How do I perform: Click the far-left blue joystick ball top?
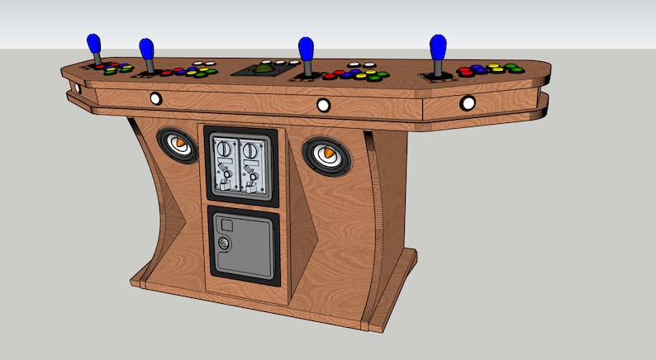click(93, 43)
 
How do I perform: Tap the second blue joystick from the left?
click(146, 49)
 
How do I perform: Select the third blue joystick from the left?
click(305, 48)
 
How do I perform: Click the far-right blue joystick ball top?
click(436, 45)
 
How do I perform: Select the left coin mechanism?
click(225, 163)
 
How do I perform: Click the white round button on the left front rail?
click(155, 98)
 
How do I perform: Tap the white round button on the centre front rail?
click(323, 104)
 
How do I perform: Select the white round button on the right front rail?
click(468, 103)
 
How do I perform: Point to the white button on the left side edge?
click(76, 87)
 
